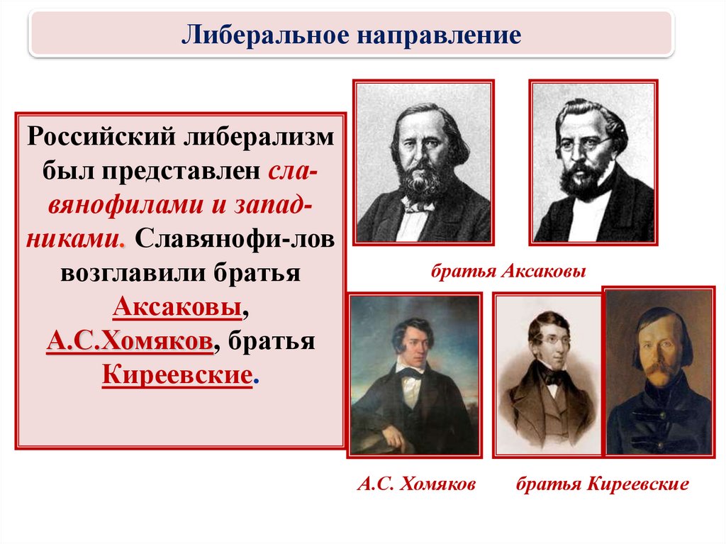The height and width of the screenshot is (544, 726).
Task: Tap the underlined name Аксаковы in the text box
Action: [x=177, y=306]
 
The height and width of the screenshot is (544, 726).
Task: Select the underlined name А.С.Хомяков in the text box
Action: [x=130, y=341]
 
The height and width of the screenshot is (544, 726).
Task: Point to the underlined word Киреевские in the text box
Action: [x=177, y=374]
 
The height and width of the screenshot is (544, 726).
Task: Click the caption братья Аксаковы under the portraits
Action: [x=508, y=271]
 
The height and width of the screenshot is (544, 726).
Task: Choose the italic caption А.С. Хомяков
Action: [x=416, y=484]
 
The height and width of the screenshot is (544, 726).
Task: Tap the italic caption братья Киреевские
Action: [x=602, y=484]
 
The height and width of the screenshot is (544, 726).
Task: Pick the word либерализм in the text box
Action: [x=259, y=137]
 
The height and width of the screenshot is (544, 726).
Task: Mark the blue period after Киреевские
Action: [x=257, y=384]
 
